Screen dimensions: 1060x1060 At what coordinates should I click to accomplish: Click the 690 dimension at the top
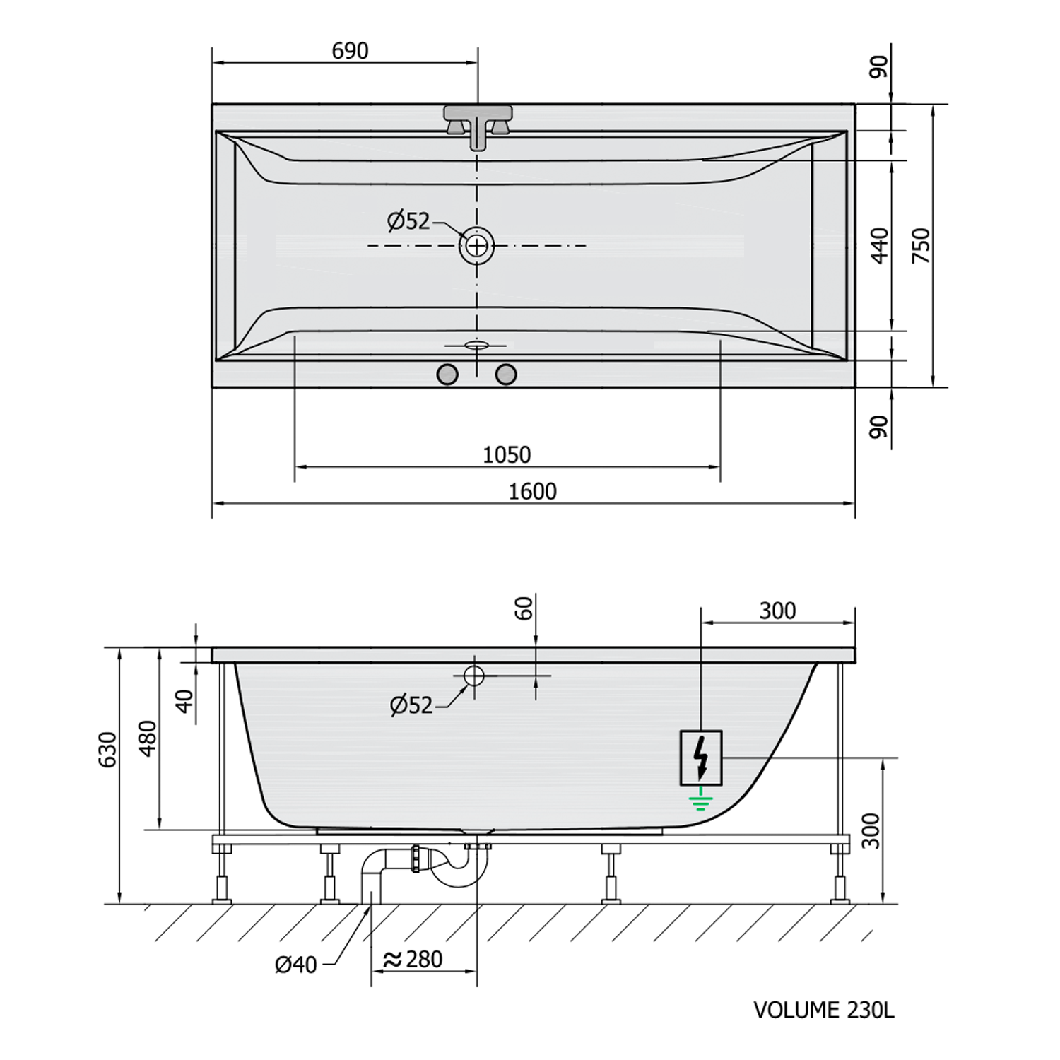click(350, 51)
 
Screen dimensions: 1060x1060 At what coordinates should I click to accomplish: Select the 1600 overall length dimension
click(533, 491)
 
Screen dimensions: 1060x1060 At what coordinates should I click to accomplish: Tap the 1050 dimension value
click(507, 454)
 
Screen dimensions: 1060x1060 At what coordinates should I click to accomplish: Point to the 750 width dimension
click(921, 246)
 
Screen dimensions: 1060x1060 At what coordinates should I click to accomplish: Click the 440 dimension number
click(880, 245)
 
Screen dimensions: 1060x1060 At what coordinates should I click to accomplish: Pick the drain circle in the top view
click(477, 246)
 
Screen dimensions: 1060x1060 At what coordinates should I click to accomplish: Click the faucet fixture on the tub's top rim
click(478, 126)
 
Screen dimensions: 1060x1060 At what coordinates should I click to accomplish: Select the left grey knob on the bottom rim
click(447, 375)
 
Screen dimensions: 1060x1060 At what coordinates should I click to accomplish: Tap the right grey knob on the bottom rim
click(506, 375)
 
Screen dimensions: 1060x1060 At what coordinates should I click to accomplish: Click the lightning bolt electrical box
click(701, 758)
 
